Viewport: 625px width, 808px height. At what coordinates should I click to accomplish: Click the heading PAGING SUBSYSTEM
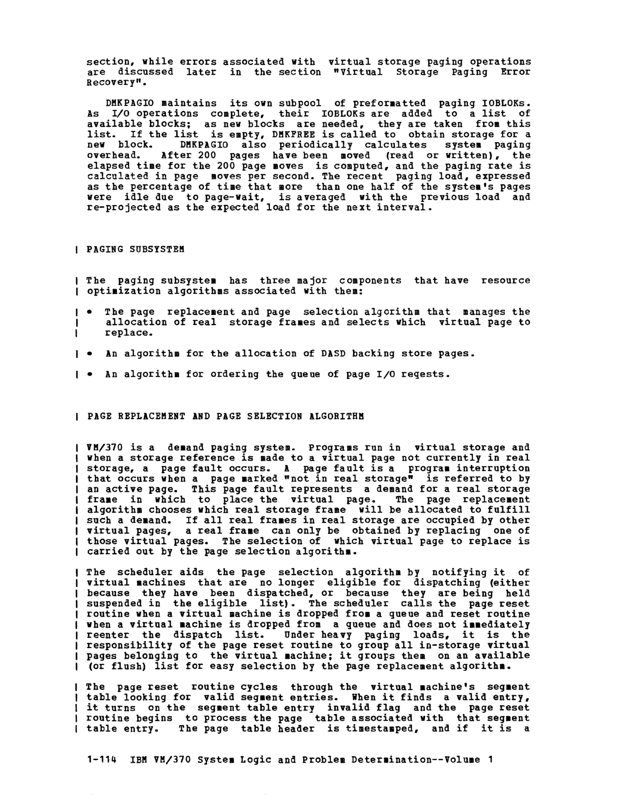click(x=135, y=249)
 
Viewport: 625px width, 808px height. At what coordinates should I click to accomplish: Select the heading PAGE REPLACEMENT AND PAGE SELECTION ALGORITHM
click(x=226, y=416)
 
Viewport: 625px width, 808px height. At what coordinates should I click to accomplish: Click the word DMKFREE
click(x=294, y=134)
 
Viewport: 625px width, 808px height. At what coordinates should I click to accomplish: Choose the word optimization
click(x=124, y=291)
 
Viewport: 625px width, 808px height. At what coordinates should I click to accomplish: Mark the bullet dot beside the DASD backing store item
click(x=89, y=354)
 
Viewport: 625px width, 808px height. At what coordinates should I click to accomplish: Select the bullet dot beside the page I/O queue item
click(x=89, y=375)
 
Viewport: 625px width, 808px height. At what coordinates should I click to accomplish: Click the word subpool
click(x=300, y=103)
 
